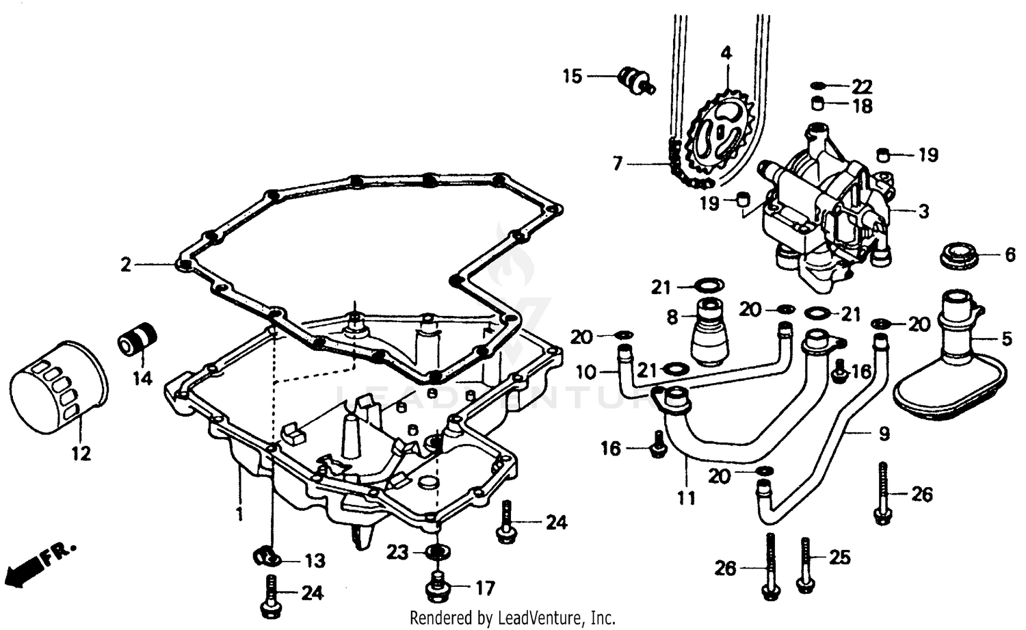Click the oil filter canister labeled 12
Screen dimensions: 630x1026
pyautogui.click(x=60, y=389)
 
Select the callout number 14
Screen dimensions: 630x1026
pyautogui.click(x=142, y=378)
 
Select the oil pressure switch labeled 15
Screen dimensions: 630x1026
pyautogui.click(x=635, y=80)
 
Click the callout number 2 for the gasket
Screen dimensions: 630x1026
pyautogui.click(x=126, y=264)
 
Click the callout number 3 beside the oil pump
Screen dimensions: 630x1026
pyautogui.click(x=923, y=211)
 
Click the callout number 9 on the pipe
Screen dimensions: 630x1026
pyautogui.click(x=884, y=434)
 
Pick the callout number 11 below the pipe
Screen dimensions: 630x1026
pyautogui.click(x=686, y=498)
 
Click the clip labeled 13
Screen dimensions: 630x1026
pyautogui.click(x=265, y=557)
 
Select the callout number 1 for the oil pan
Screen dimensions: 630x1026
pyautogui.click(x=239, y=514)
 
